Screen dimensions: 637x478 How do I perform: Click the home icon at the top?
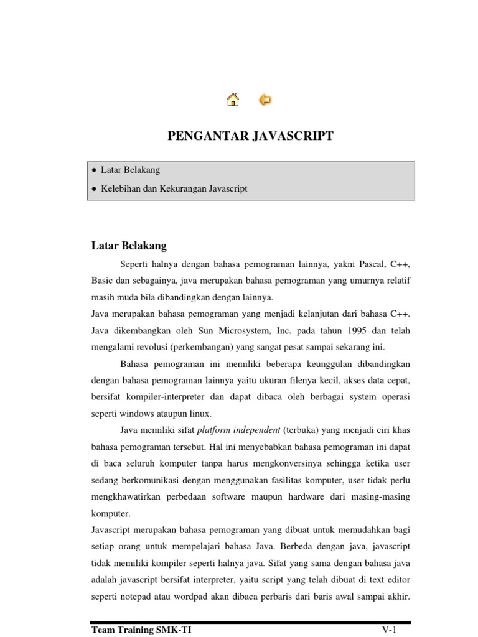(233, 100)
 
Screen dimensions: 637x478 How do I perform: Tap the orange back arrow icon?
(265, 100)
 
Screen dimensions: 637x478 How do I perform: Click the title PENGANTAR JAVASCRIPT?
(251, 136)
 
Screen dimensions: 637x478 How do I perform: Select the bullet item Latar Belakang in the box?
(130, 170)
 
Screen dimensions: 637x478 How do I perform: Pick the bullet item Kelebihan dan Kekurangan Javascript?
(174, 188)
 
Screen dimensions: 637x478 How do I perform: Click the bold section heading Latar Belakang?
(129, 246)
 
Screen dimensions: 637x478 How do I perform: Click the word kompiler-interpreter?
(162, 396)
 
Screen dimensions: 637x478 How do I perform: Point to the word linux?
(200, 412)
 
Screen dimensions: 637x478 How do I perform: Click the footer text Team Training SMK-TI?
(141, 630)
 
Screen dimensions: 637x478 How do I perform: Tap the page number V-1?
(389, 630)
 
